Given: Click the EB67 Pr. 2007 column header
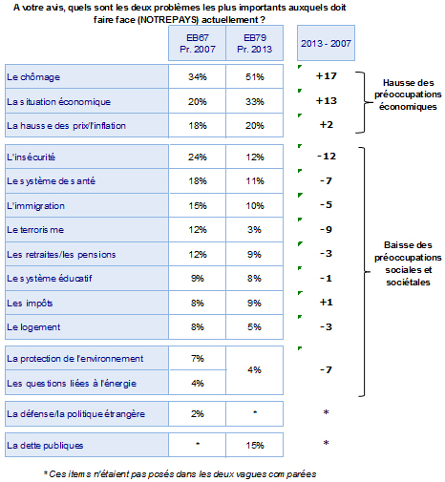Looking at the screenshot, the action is pos(197,43).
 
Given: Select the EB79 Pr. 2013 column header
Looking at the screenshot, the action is pos(254,43).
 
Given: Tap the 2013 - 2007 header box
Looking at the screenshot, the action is pos(326,43).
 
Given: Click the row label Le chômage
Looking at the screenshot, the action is pos(33,77).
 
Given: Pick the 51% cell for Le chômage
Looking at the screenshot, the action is pos(254,76).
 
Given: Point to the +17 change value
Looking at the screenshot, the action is pos(326,76).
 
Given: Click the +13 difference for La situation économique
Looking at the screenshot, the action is pos(326,101).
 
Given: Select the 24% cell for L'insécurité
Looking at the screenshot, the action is pos(198,157).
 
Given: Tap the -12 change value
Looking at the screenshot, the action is pos(327,157).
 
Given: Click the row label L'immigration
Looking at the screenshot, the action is pos(35,206).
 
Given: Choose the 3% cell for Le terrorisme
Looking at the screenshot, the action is pos(254,230).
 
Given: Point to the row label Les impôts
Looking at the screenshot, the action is pos(30,304).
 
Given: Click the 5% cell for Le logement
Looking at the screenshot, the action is pos(254,327).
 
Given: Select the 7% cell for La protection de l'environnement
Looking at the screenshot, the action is pos(198,359).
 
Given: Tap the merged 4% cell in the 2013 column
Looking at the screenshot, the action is pos(254,370).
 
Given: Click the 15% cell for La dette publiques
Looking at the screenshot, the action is pos(254,445).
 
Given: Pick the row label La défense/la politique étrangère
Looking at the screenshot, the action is pos(75,414).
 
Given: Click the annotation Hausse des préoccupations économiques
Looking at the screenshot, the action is pos(408,94).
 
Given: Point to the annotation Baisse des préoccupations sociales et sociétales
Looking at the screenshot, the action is pos(408,263).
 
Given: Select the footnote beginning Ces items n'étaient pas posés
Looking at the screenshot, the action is pos(180,474).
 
